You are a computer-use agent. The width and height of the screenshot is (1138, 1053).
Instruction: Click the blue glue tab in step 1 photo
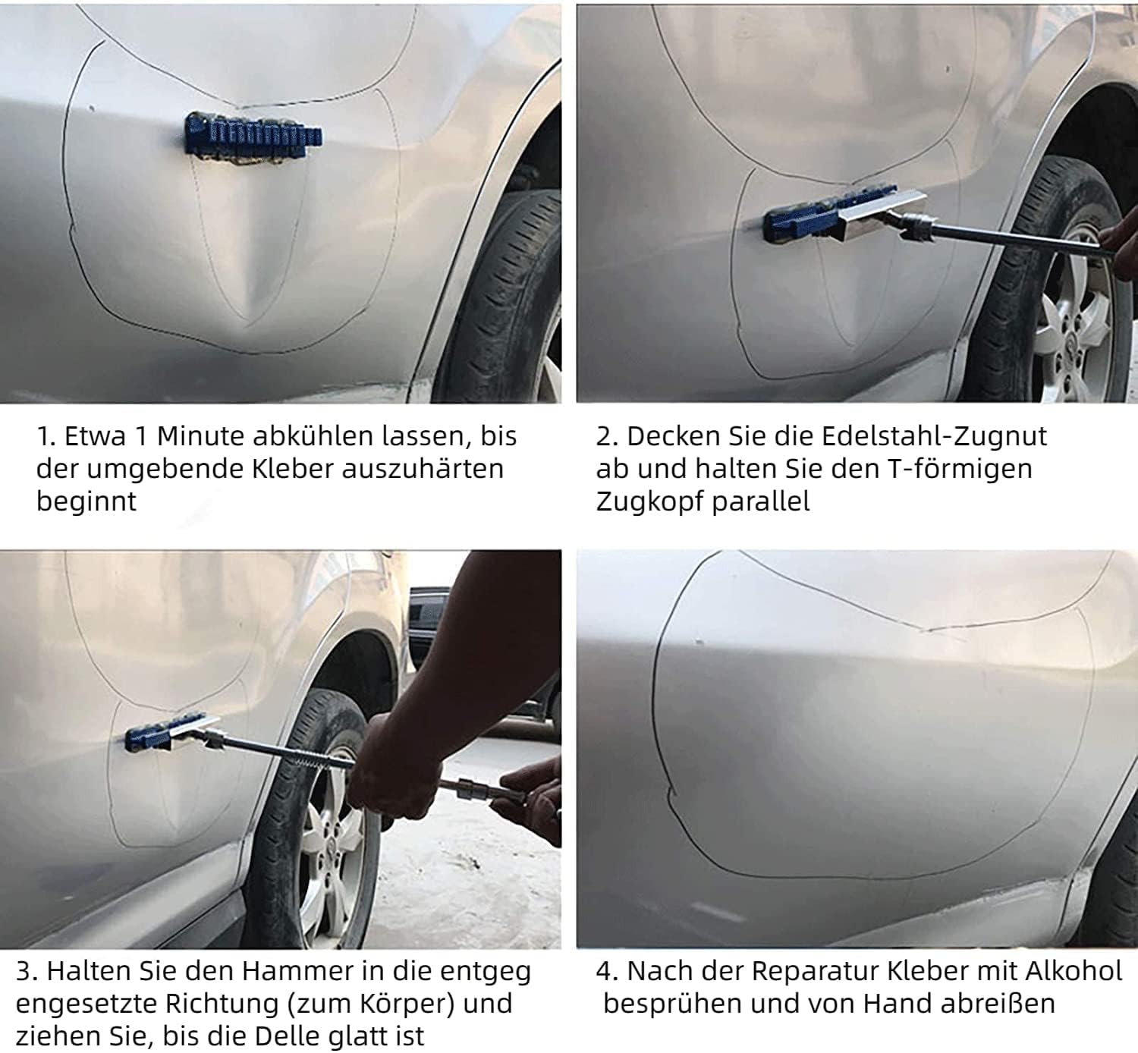(x=253, y=137)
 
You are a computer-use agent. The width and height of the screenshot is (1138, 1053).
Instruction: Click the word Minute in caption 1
(x=200, y=437)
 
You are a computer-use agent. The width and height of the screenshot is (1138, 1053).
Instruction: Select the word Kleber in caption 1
(x=292, y=469)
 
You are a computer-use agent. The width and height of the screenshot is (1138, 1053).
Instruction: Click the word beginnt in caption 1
(x=86, y=502)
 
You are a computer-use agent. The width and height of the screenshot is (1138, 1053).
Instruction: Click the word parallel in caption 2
(x=760, y=502)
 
